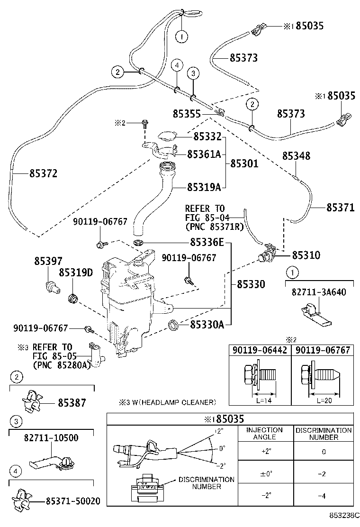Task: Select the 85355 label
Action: point(187,114)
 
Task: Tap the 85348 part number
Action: point(297,156)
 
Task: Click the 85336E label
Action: point(207,243)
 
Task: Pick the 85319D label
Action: point(76,273)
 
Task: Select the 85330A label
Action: point(207,325)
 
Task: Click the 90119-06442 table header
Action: point(260,350)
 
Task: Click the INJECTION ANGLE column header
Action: point(264,433)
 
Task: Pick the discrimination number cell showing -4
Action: point(323,496)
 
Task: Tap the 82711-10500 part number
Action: point(51,438)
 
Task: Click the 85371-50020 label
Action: point(73,500)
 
